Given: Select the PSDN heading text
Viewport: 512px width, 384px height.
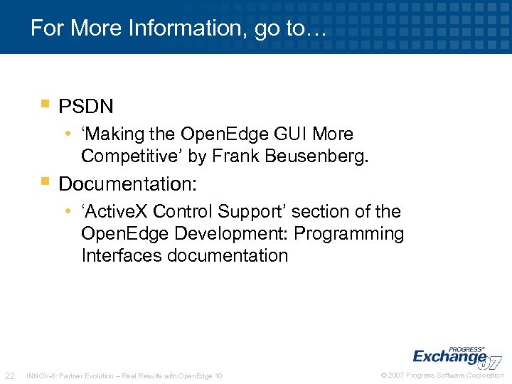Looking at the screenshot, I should click(x=86, y=107).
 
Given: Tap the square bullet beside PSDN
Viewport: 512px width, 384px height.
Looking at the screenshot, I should click(x=46, y=104).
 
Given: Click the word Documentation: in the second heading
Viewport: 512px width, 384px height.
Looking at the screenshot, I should click(x=127, y=184).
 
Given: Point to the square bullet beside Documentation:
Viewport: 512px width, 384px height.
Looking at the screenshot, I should click(x=46, y=181).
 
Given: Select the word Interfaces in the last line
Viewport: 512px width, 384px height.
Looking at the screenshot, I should click(x=122, y=255).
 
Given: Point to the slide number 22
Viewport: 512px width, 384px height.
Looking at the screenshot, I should click(x=10, y=375).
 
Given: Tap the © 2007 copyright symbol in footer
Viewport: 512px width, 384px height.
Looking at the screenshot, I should click(x=384, y=375).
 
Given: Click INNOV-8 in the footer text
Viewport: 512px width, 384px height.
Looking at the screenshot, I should click(x=39, y=375).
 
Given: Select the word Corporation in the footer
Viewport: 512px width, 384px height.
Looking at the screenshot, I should click(x=485, y=375).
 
